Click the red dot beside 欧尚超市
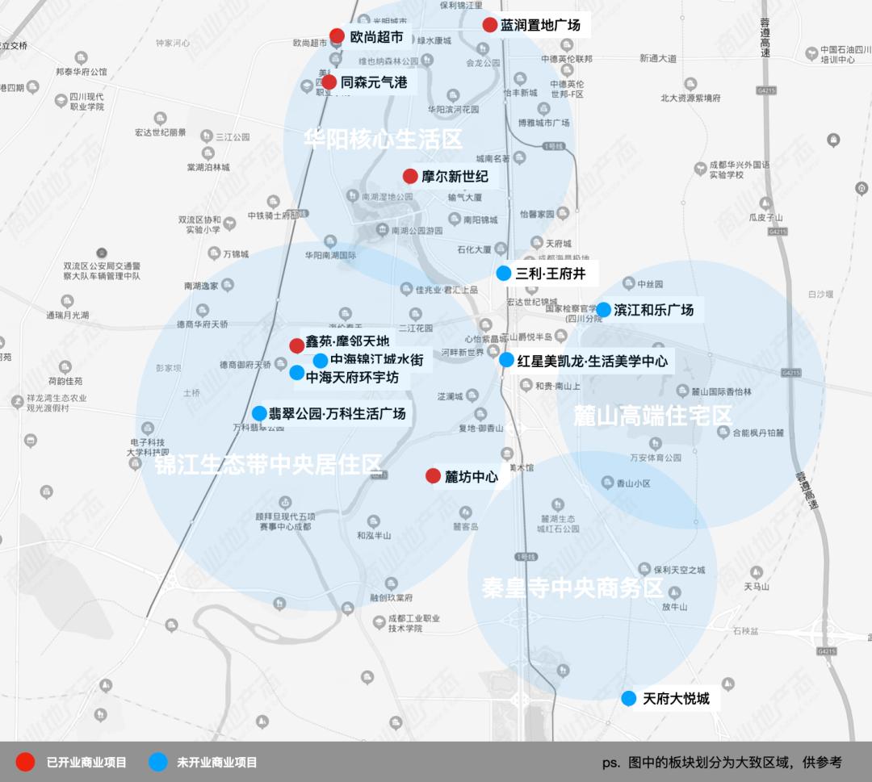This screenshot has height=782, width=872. click(x=337, y=36)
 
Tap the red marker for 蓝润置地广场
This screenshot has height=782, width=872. click(x=489, y=25)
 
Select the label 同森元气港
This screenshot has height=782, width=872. click(x=373, y=82)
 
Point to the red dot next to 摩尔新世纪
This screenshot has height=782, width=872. click(x=410, y=176)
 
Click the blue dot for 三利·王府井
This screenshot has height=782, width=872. click(x=504, y=273)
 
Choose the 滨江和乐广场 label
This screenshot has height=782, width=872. click(x=653, y=309)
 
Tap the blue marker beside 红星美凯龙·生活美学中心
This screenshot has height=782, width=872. click(x=506, y=360)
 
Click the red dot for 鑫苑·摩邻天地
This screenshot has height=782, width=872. click(x=297, y=345)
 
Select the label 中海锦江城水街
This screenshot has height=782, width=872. click(x=376, y=360)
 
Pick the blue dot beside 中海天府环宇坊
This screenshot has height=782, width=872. click(x=297, y=373)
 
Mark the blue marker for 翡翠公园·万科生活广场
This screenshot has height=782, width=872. click(x=259, y=413)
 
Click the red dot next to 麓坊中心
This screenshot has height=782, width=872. click(x=433, y=476)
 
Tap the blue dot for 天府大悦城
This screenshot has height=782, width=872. click(x=629, y=698)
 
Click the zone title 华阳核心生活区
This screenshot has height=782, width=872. click(x=384, y=139)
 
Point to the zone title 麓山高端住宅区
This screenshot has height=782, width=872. click(x=652, y=416)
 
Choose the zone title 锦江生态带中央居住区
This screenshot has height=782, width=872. click(x=262, y=465)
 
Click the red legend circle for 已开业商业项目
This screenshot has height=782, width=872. click(x=25, y=762)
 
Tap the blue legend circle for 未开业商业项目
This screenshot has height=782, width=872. click(x=158, y=762)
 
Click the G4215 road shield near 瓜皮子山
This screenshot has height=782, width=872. click(x=778, y=231)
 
